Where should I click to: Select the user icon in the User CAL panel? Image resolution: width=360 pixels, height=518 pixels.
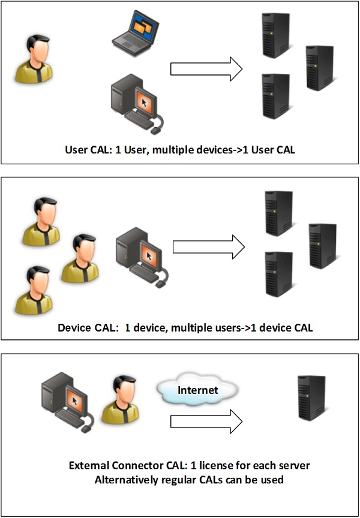click(x=34, y=58)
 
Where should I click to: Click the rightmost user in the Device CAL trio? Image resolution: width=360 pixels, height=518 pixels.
click(x=80, y=258)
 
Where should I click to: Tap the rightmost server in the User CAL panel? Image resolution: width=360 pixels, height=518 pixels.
click(x=319, y=68)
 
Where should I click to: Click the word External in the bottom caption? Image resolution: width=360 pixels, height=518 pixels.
click(x=87, y=466)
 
